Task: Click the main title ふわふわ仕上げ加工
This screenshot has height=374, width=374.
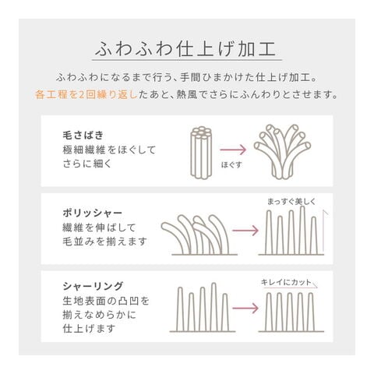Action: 185,49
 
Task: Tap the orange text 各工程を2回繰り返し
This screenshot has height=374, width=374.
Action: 86,95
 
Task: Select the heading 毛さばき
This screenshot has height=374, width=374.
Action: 83,136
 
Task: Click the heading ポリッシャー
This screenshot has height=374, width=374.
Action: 93,213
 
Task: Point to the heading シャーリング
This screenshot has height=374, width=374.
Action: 93,286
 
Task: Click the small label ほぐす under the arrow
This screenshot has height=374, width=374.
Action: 231,165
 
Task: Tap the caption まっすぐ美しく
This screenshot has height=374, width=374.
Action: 291,201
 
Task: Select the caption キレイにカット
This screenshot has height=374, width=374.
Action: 286,282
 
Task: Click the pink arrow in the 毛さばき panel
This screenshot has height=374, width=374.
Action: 233,150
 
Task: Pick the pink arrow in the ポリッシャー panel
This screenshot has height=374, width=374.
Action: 245,231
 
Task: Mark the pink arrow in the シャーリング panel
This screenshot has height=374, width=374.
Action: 245,309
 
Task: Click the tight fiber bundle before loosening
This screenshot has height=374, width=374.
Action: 202,153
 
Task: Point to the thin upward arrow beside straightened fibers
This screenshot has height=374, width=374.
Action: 323,231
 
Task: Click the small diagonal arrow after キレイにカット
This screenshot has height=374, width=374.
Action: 315,284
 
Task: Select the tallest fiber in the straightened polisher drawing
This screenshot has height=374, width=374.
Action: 302,230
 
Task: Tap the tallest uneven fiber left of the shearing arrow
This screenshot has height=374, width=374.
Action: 214,307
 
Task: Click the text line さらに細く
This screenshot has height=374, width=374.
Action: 87,164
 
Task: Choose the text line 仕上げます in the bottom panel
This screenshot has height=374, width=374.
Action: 89,329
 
